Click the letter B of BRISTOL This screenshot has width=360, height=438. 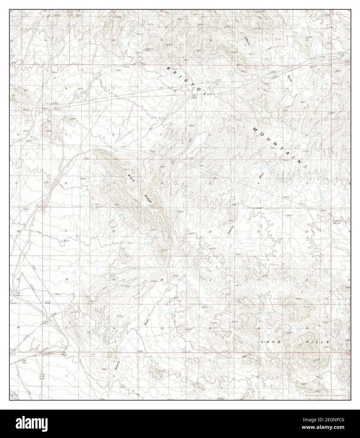coord(169,68)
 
